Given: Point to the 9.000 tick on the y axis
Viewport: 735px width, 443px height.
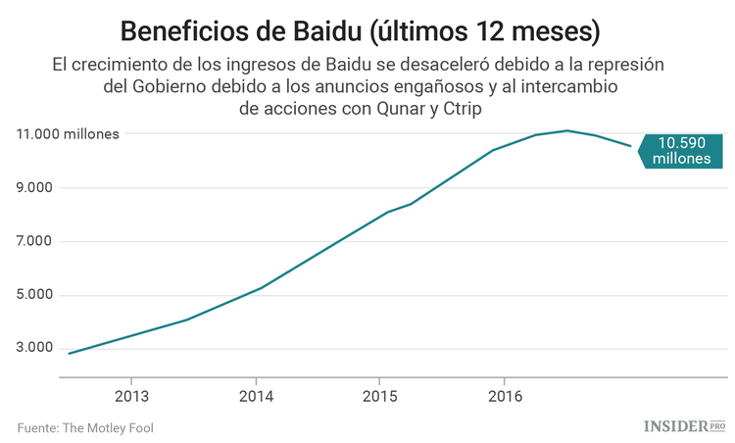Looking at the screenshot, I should point(35,187).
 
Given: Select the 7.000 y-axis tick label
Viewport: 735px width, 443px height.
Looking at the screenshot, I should point(35,241).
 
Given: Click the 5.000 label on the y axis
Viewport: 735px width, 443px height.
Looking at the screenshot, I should point(35,295).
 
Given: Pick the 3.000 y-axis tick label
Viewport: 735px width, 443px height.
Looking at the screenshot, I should point(35,348).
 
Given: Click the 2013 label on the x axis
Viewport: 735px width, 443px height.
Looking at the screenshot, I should point(131,397).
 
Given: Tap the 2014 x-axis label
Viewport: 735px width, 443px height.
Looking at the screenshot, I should point(256,397).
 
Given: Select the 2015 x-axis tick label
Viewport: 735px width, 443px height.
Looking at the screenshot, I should point(380,397).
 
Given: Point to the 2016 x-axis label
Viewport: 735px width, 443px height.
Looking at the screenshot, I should point(504,397).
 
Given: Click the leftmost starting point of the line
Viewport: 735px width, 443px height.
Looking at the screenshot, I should point(69,353).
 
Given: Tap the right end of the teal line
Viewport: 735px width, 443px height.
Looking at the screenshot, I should point(629,146).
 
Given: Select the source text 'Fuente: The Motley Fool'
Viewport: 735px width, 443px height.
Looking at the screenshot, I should point(85,427).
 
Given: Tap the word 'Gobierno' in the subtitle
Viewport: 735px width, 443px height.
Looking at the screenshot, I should point(176,87).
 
